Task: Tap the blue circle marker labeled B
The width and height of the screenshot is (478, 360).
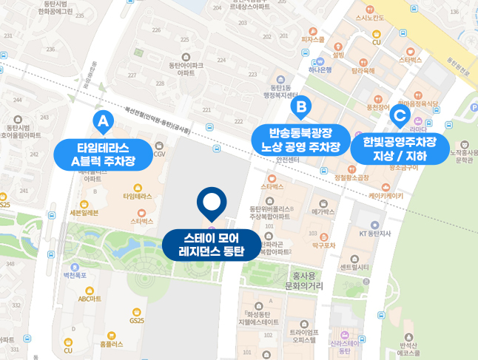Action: click(301, 109)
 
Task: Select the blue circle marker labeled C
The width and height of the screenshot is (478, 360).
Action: click(400, 115)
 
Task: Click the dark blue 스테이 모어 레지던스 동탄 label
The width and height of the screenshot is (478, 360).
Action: click(212, 245)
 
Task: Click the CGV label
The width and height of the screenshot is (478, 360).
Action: click(160, 154)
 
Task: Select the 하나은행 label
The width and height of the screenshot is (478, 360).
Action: click(320, 70)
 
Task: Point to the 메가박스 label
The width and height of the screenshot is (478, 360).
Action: click(323, 211)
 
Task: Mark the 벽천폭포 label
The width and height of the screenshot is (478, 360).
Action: click(75, 274)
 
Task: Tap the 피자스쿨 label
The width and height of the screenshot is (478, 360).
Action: click(313, 39)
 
